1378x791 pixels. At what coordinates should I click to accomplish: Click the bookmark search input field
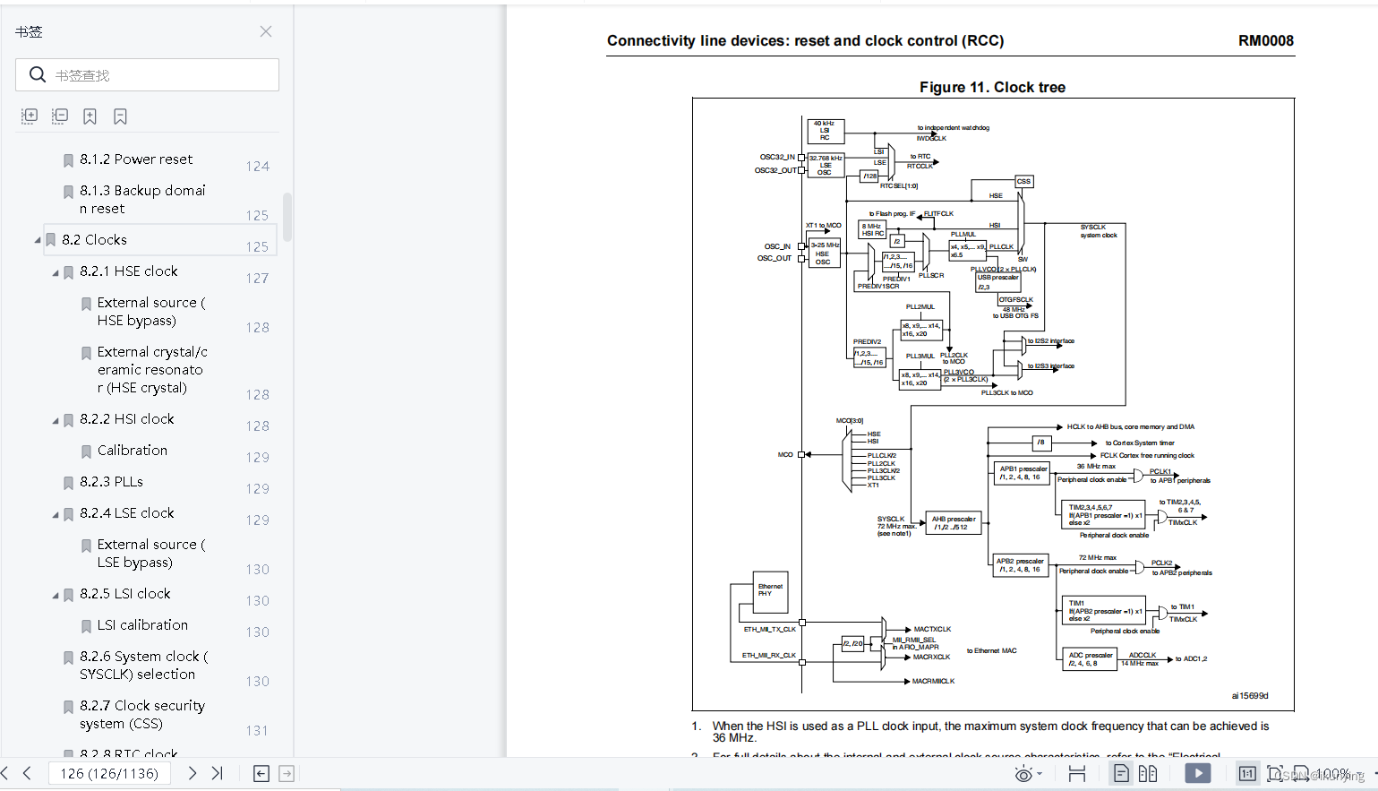click(x=161, y=75)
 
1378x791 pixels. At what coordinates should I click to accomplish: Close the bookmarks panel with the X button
click(x=266, y=31)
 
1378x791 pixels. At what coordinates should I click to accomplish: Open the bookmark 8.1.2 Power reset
click(x=135, y=159)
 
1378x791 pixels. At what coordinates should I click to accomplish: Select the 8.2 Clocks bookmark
click(x=94, y=240)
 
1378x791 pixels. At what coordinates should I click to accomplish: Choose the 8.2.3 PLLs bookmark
click(x=111, y=482)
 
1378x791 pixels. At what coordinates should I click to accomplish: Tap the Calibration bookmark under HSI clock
click(x=132, y=451)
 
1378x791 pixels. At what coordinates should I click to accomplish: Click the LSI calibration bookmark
click(x=142, y=625)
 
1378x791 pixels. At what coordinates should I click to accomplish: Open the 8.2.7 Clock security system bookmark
click(x=141, y=715)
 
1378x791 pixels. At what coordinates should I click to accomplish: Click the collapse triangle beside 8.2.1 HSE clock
click(x=56, y=272)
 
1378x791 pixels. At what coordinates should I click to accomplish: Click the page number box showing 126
click(x=109, y=773)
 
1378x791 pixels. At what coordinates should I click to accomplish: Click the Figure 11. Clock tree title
click(x=992, y=87)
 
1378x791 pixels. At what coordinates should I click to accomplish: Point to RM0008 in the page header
click(x=1265, y=41)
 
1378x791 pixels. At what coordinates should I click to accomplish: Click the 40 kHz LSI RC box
click(x=825, y=131)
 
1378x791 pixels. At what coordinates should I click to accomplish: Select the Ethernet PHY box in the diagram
click(x=770, y=590)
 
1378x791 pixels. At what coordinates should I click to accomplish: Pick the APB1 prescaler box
click(x=1022, y=473)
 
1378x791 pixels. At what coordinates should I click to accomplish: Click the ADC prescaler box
click(x=1090, y=659)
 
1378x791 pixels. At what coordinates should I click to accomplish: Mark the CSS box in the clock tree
click(x=1023, y=181)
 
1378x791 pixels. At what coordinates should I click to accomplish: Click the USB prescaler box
click(x=997, y=282)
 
